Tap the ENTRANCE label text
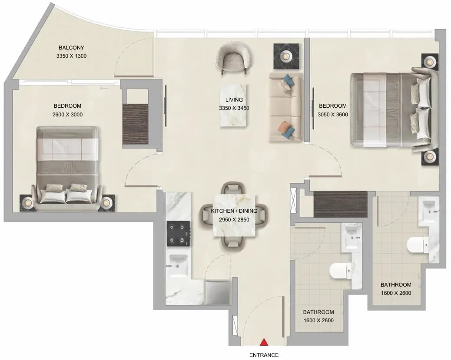click(264, 355)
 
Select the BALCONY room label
click(71, 47)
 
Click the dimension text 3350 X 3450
click(234, 108)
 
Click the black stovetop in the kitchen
click(178, 234)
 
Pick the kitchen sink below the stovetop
click(178, 265)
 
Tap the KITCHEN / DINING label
click(234, 211)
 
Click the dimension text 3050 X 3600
click(333, 115)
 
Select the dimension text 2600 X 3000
click(68, 115)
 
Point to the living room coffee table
click(234, 105)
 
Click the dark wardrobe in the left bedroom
click(135, 124)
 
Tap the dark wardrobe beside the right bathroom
click(340, 204)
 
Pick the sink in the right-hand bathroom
click(429, 209)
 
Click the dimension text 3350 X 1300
click(71, 56)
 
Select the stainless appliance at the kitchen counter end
click(217, 292)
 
